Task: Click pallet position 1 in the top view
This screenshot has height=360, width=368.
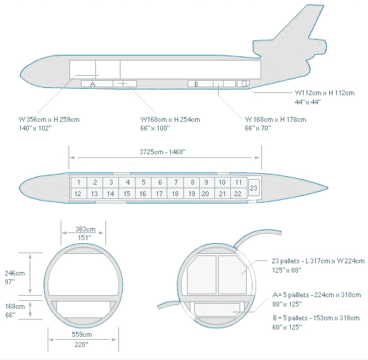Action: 79,183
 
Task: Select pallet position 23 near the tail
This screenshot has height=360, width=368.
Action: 254,188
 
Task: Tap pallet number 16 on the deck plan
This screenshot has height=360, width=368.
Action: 143,193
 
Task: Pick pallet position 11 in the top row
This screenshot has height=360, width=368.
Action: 239,183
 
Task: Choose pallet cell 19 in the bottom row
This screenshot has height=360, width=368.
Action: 192,193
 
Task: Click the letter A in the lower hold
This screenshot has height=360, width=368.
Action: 93,84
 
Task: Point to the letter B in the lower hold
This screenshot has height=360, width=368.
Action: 196,84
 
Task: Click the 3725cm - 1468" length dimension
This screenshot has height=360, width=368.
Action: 162,152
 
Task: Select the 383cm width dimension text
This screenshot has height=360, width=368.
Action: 85,229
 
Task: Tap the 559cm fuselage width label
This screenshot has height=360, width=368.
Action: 82,335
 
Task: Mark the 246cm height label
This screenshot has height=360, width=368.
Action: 14,273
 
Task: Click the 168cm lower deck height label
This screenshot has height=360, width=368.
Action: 15,307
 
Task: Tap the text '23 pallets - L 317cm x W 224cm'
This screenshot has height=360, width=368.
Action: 318,261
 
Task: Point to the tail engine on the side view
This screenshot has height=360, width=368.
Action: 290,48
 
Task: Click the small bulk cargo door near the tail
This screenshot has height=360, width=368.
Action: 245,84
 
